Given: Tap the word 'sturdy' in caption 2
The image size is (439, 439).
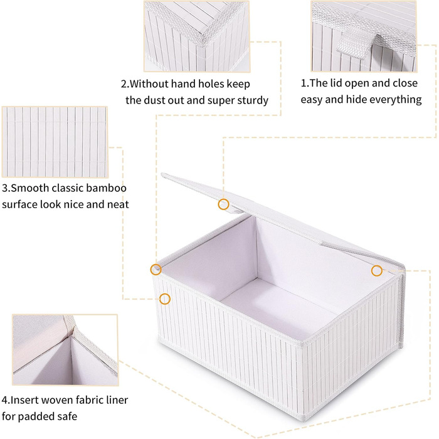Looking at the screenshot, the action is tap(253, 100).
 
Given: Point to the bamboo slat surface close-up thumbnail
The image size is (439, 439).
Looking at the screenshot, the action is tap(55, 142).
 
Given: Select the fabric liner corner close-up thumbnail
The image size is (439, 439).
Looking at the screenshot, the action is tap(65, 350).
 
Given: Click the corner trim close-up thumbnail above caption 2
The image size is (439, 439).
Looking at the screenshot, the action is tap(196, 36).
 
